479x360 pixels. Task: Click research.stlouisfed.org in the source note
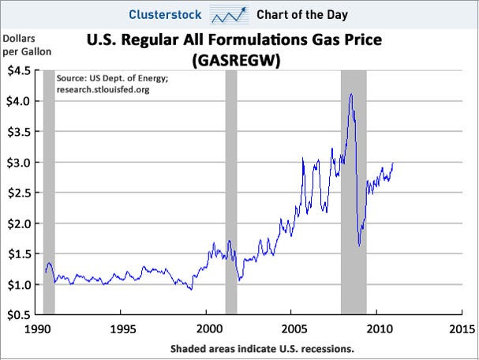coord(103,90)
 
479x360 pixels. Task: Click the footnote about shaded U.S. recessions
coord(261,347)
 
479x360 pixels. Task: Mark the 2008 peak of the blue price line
coord(350,95)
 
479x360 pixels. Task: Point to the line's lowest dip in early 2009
coord(359,246)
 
